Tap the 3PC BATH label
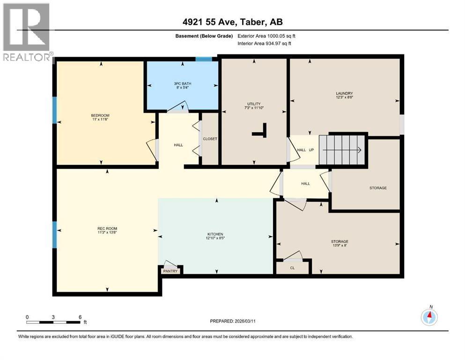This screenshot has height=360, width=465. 182,84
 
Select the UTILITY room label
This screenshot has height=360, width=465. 254,104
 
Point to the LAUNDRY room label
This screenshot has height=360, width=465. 344,93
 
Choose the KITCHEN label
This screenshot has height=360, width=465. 215,234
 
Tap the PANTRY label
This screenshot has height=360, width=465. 170,271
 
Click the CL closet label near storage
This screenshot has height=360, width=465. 292,268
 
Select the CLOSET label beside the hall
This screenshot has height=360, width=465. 210,139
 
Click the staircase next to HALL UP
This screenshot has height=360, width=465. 341,150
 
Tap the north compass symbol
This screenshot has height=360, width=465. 429,317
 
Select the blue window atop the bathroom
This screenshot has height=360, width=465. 203,59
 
